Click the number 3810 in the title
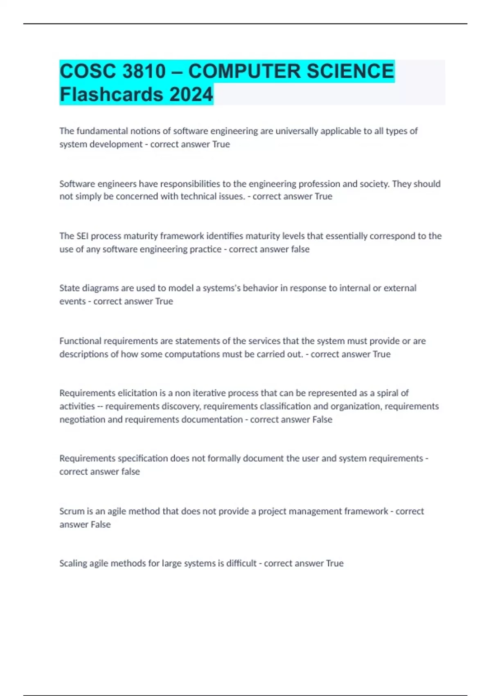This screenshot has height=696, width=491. click(x=144, y=71)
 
